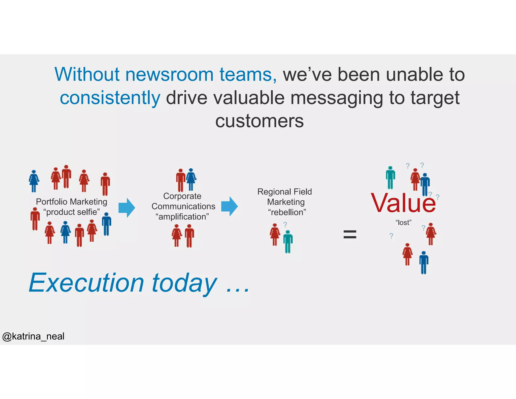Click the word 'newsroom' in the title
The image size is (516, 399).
click(169, 75)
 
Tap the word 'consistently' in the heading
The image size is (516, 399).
click(110, 98)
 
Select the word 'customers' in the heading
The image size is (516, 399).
click(260, 121)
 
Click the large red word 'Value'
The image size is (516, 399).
click(403, 203)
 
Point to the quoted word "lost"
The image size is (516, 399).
click(403, 223)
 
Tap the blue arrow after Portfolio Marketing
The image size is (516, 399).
click(127, 208)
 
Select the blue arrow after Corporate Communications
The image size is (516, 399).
click(229, 207)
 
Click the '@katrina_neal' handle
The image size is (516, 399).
click(33, 336)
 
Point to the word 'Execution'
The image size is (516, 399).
click(86, 283)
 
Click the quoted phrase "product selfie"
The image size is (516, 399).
click(72, 212)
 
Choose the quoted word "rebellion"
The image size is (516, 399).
click(287, 212)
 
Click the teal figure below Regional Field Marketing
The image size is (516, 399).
click(288, 241)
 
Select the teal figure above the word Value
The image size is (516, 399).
click(390, 178)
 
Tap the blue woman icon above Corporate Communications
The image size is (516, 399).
click(191, 179)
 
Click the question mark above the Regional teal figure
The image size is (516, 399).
click(285, 224)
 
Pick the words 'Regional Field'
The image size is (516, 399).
click(284, 192)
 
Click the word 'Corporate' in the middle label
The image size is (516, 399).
click(182, 196)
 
